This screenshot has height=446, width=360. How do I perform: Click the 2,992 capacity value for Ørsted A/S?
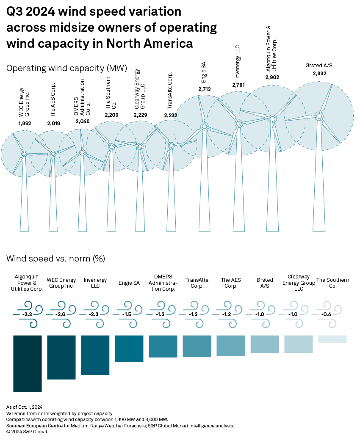pos(320,74)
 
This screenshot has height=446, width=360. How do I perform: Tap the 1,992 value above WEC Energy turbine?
pos(25,123)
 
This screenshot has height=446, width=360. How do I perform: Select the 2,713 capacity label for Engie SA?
pos(204,89)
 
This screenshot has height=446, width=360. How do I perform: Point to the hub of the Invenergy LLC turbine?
pos(238,124)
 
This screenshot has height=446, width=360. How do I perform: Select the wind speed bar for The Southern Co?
pos(332,339)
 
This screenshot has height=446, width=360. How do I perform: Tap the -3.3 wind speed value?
pos(27,314)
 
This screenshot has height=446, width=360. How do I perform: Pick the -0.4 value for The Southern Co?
pos(332,314)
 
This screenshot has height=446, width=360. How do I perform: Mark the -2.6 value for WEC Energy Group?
pos(61,314)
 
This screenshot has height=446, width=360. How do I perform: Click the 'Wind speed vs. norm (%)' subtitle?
pos(56,258)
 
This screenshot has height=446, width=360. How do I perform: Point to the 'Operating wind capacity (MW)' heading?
pos(66,68)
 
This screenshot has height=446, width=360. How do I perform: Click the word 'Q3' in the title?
pos(15,12)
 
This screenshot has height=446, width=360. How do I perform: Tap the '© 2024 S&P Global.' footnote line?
pos(27,432)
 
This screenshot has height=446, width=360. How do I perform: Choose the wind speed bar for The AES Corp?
pos(231,345)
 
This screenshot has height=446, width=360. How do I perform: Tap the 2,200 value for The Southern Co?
pos(111,115)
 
